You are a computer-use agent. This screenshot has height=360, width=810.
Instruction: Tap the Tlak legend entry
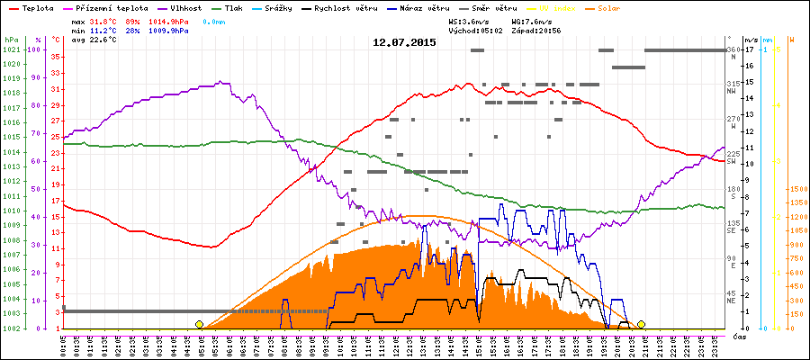[231, 7]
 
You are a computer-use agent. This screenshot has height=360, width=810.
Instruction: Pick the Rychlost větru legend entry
[352, 7]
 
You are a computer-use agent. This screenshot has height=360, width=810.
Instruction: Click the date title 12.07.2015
[404, 42]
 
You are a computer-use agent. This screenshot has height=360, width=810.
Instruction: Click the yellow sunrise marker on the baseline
[199, 324]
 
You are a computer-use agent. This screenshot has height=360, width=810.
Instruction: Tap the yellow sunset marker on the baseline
[642, 324]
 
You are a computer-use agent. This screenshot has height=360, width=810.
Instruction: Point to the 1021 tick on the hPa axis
[11, 49]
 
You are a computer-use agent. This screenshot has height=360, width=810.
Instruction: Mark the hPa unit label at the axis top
[11, 40]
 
